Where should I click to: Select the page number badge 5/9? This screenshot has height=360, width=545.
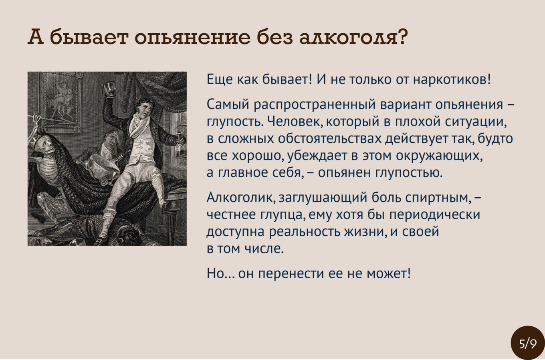(x=528, y=344)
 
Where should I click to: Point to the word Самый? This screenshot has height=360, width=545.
(x=228, y=105)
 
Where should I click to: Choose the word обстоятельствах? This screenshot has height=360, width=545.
(x=329, y=139)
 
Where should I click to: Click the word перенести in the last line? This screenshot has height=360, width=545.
(x=291, y=273)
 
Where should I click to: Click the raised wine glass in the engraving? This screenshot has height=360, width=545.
(x=110, y=89)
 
